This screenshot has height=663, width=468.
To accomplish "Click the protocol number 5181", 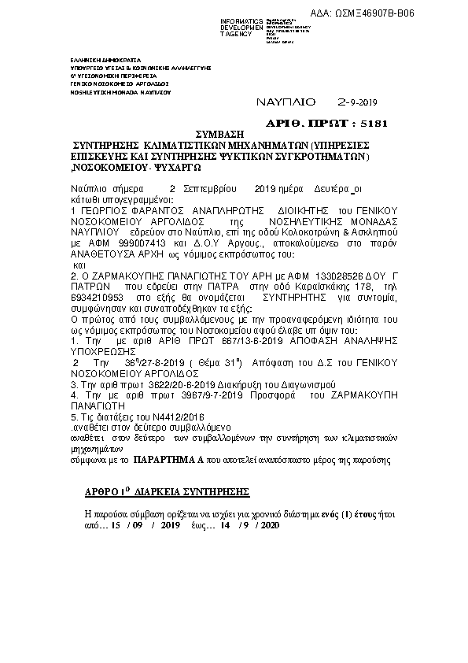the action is click(x=373, y=124).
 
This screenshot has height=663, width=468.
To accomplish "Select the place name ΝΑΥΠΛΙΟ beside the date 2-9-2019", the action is click(x=286, y=102).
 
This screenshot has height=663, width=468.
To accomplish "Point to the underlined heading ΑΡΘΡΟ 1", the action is click(x=105, y=492).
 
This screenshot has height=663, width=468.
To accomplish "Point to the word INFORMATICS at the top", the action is click(x=241, y=20).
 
